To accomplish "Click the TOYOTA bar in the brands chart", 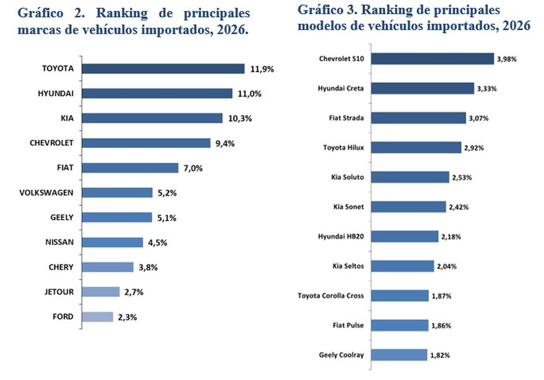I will tap(163, 69).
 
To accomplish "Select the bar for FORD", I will tap(97, 317).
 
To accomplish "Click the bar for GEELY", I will tap(117, 217).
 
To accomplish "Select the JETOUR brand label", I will tap(58, 292).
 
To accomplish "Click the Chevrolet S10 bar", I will tap(432, 59).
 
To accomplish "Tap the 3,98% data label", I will tap(507, 59).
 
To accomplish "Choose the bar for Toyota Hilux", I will tap(416, 147).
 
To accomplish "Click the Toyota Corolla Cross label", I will tap(330, 296).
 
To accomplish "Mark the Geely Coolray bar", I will tap(399, 355).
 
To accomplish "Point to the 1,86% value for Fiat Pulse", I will tap(441, 326).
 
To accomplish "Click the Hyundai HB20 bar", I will tap(405, 236).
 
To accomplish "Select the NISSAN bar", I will tap(112, 243).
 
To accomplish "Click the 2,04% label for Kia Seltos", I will tap(447, 266).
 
